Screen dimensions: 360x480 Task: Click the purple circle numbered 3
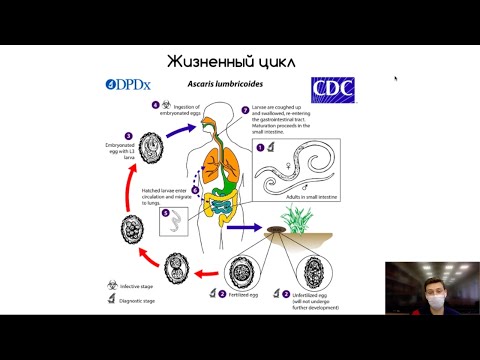[x=128, y=135]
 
